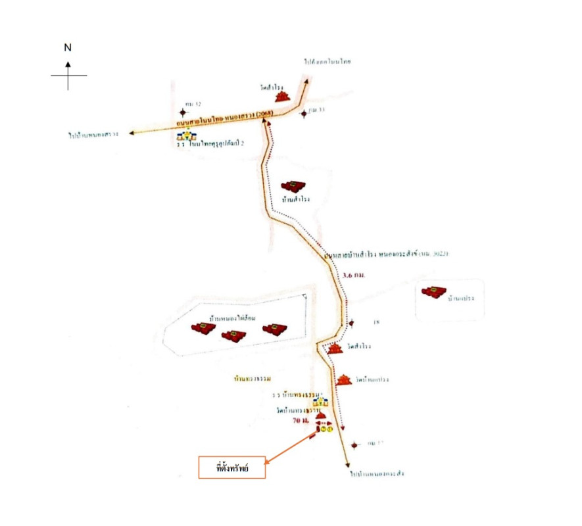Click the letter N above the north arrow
68,47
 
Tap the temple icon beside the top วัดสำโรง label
283,96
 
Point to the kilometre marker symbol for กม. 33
304,114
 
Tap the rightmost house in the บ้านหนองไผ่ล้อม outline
276,329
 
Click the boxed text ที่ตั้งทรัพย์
232,467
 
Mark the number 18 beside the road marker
377,322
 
